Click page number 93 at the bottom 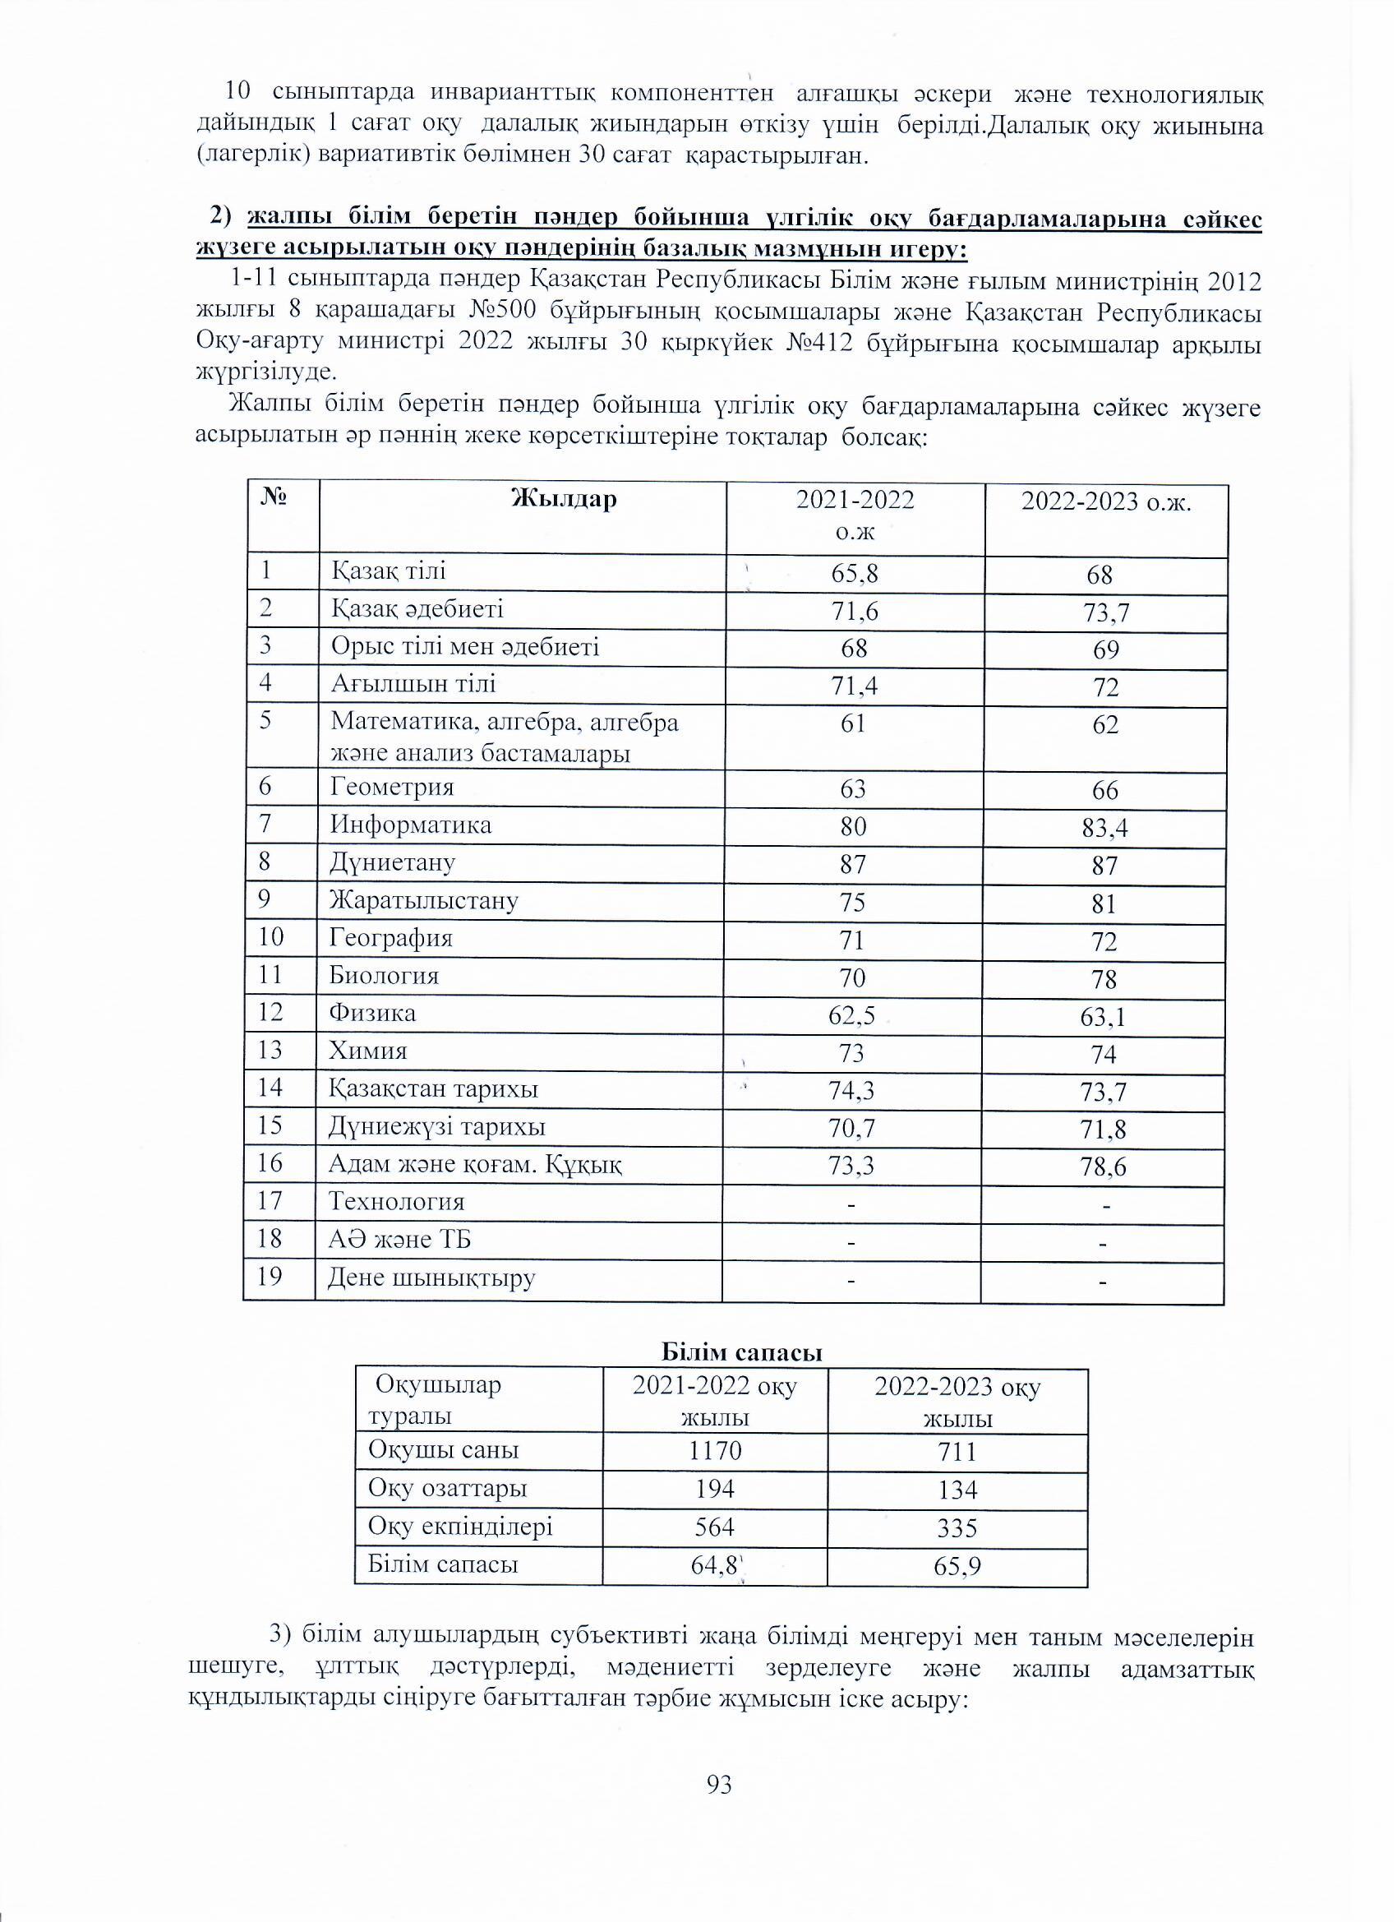tap(718, 1786)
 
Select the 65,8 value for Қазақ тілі tap(854, 575)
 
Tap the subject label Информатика tap(411, 825)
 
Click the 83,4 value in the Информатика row tap(1104, 828)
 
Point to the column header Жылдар tap(565, 499)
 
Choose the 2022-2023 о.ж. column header tap(1105, 502)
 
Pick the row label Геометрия tap(392, 788)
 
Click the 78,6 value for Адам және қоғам tap(1104, 1168)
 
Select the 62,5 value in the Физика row tap(852, 1014)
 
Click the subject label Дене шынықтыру tap(432, 1277)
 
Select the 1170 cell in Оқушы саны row tap(715, 1450)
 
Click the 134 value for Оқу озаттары tap(957, 1490)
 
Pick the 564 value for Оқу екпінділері tap(715, 1527)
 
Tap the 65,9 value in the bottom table tap(957, 1566)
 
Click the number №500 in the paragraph tap(500, 312)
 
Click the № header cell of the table tap(273, 497)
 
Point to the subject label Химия tap(368, 1051)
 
